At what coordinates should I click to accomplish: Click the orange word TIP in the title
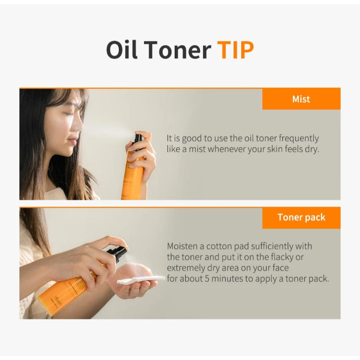coord(236,50)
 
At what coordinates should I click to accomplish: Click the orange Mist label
coord(301,99)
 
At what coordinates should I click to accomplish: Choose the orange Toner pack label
coord(301,218)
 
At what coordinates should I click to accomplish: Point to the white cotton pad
coord(139,279)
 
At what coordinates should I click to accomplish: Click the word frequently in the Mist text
coord(297,138)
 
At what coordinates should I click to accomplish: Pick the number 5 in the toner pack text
coord(209,279)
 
